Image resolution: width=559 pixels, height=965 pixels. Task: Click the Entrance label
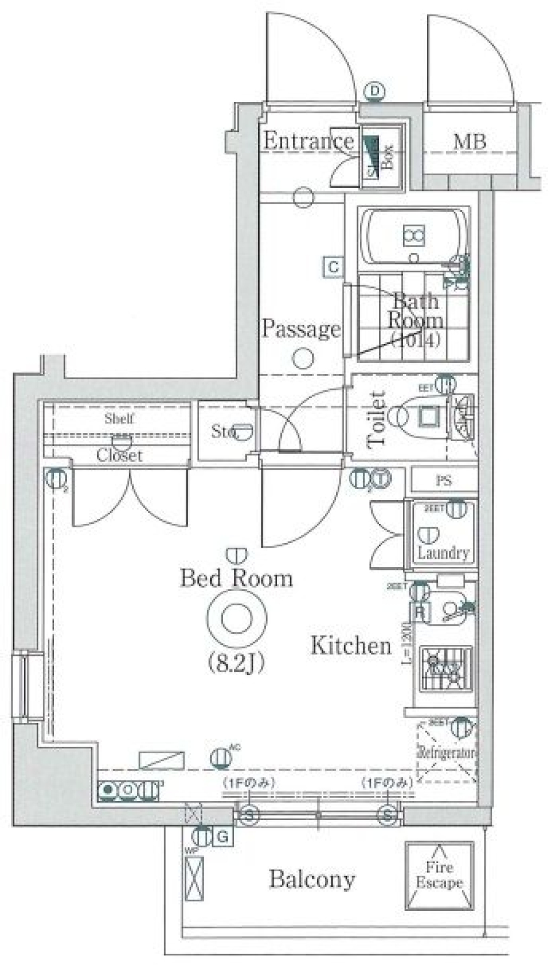tap(308, 141)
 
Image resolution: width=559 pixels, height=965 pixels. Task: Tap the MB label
tap(469, 141)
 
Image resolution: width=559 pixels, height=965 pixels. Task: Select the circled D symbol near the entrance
tap(375, 91)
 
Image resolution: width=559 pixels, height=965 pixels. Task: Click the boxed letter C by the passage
tap(334, 267)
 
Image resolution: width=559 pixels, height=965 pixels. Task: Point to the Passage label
tap(300, 329)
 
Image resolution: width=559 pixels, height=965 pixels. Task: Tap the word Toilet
tap(377, 419)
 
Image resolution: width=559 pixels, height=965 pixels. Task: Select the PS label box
tap(443, 481)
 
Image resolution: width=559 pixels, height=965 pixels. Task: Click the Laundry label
tap(443, 552)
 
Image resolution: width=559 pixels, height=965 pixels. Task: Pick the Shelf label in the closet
tap(119, 418)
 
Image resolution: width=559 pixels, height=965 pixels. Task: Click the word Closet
tap(119, 455)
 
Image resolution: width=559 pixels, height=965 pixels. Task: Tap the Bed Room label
tap(236, 579)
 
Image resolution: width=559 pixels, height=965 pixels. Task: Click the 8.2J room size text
tap(236, 662)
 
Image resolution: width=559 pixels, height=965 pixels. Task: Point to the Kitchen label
tap(351, 645)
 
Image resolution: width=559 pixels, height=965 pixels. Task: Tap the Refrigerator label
tap(447, 753)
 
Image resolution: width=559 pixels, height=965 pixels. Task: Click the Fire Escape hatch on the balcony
tap(439, 875)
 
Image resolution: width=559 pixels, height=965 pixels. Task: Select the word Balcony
tap(312, 879)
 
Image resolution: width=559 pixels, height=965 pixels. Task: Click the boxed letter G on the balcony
tap(222, 838)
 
